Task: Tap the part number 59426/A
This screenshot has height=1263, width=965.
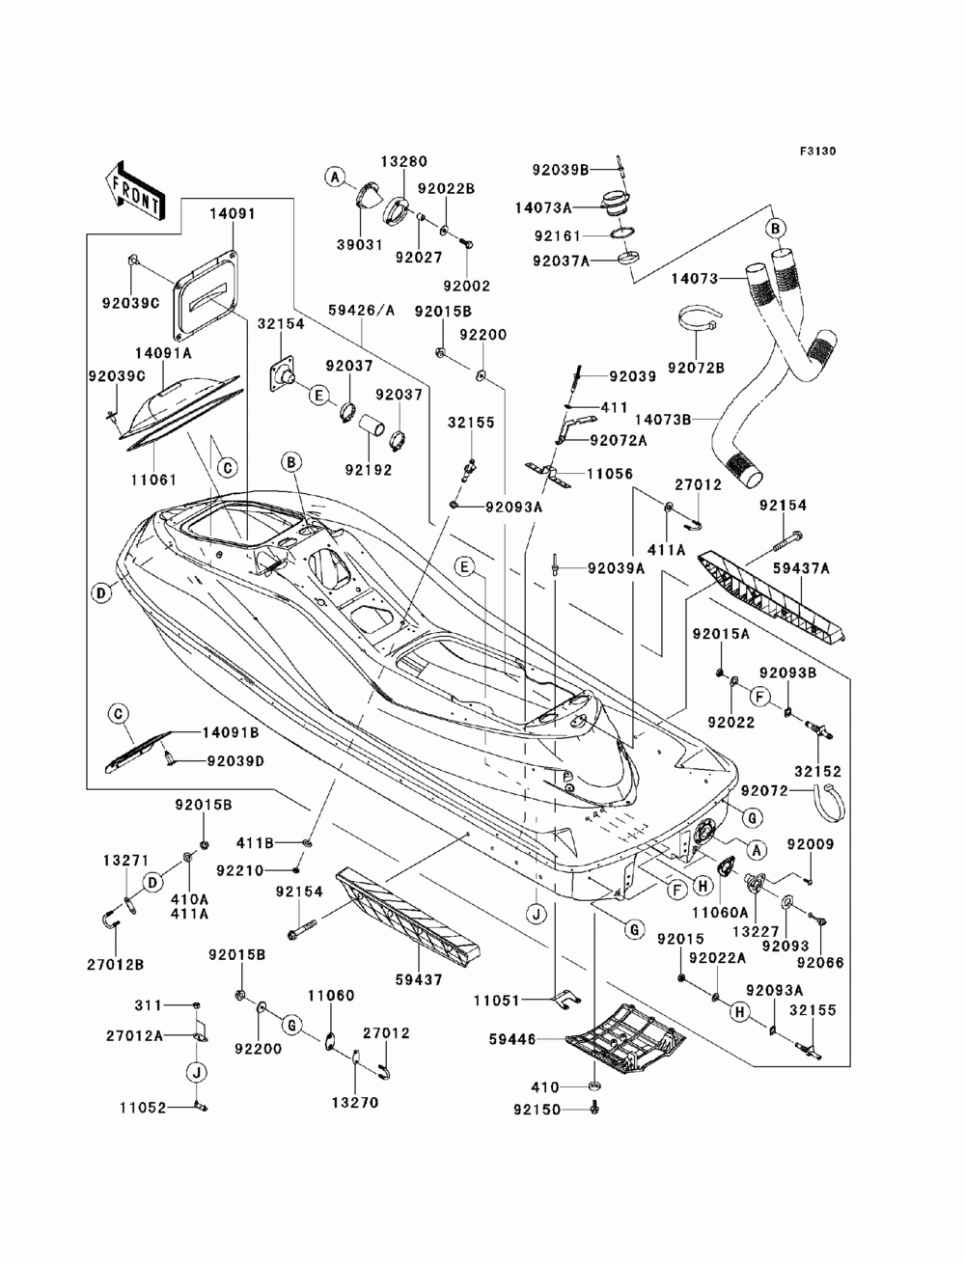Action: [362, 311]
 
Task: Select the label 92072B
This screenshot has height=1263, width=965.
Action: [695, 366]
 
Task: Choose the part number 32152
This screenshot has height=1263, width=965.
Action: [818, 772]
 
